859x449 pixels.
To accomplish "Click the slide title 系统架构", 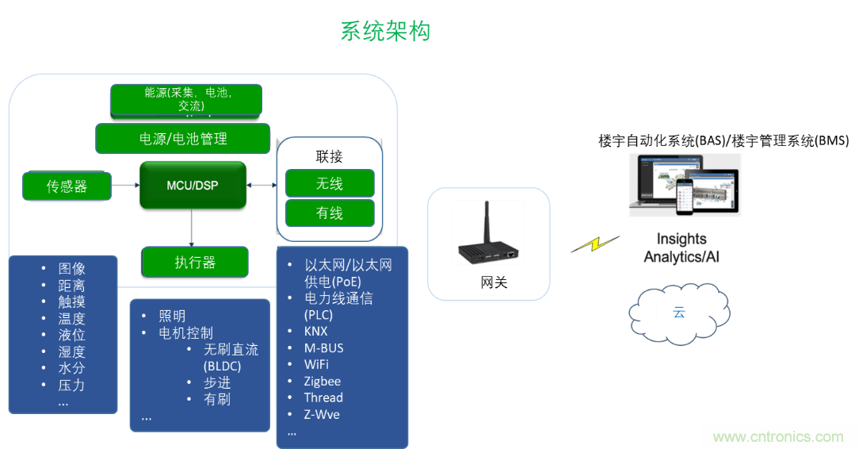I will point(386,31).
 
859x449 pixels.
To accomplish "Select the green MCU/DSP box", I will point(193,186).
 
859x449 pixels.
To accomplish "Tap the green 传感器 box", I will point(67,186).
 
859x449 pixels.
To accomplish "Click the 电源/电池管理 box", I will point(183,139).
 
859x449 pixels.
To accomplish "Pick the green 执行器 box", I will point(195,262).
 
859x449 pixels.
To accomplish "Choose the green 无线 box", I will point(330,183).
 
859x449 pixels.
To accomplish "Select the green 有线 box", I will point(330,213).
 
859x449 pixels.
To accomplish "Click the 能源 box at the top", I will point(187,99).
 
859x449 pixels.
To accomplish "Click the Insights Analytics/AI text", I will point(681,248).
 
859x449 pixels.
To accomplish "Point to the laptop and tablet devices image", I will point(685,184).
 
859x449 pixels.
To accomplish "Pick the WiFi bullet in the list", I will point(316,365).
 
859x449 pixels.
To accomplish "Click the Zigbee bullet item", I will point(323,382).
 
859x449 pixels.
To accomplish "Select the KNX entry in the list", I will point(315,332).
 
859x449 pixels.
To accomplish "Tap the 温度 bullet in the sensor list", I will point(71,319).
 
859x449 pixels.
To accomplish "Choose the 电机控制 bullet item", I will point(185,332).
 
